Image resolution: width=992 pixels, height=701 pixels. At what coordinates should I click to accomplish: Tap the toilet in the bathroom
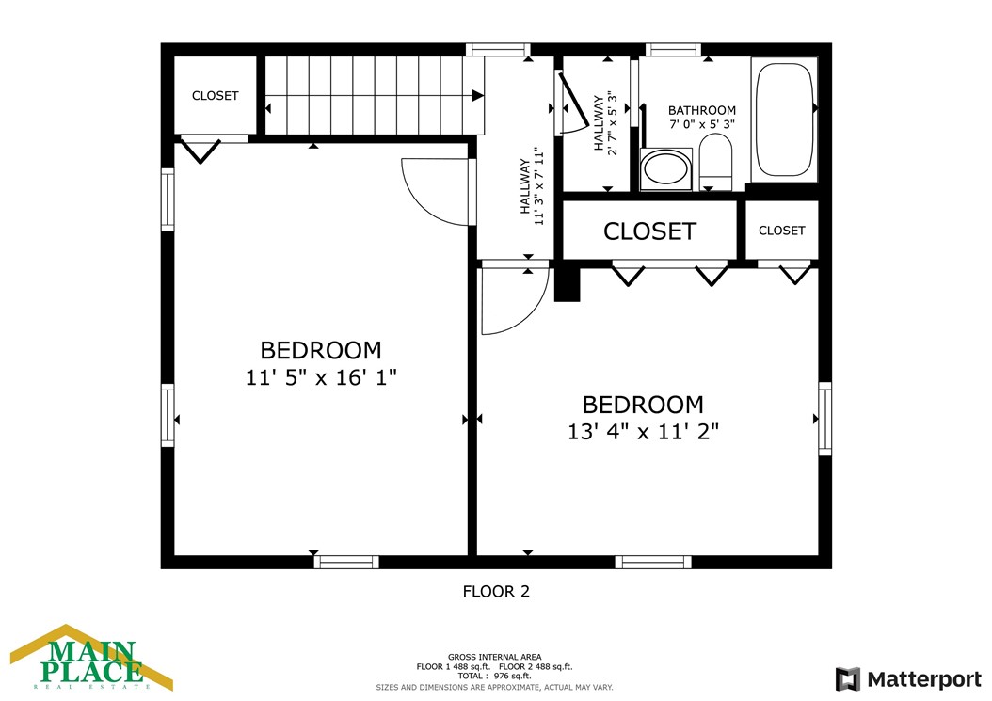coord(715,162)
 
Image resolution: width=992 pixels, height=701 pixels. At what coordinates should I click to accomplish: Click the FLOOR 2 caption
coord(496,592)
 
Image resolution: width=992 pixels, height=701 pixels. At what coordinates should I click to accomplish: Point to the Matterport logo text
coord(924,679)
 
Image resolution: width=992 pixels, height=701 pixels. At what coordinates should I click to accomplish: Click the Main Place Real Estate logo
coord(91,658)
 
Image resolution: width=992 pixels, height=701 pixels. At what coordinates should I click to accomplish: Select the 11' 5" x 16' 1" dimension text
coord(321,377)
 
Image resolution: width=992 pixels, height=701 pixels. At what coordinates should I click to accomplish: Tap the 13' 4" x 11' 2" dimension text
coord(644,432)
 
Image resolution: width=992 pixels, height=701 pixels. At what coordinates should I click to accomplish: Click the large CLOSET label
coord(649,231)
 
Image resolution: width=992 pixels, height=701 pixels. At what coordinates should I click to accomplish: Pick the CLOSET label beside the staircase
coord(216,96)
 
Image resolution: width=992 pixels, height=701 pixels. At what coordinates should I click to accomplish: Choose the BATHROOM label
coord(702,110)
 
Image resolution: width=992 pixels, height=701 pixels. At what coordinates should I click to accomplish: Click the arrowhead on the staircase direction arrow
coord(478,96)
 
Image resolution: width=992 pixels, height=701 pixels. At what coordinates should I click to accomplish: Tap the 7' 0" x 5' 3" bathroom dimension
coord(702,124)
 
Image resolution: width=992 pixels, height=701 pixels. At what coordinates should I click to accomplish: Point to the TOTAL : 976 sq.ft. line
coord(494,676)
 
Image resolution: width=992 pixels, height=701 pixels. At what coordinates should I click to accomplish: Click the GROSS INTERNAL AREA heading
coord(495,658)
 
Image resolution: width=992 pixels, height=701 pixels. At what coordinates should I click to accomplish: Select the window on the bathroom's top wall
coord(673,49)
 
